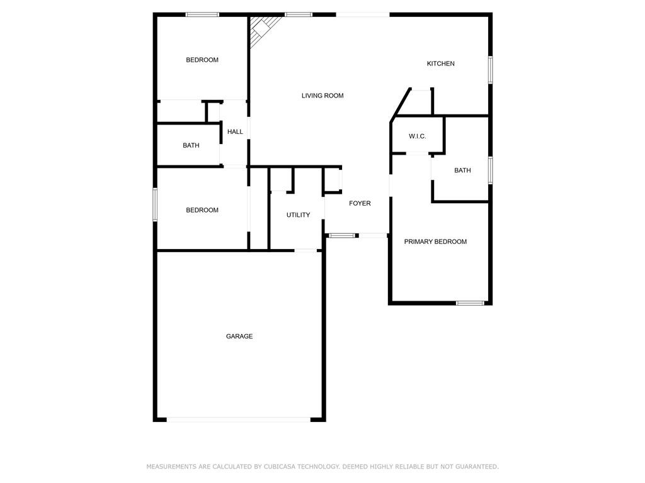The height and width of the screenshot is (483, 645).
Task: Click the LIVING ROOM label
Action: [322, 96]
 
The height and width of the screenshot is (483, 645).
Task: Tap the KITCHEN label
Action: [440, 64]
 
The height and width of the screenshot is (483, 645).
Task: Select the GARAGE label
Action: [239, 336]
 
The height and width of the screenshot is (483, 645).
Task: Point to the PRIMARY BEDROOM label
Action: [435, 241]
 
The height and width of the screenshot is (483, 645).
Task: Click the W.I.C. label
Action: [417, 136]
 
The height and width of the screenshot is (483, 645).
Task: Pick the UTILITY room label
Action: [298, 215]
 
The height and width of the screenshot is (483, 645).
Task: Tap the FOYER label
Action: [360, 203]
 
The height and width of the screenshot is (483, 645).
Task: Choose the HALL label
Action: [235, 131]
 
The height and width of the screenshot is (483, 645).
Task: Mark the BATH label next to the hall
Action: [191, 145]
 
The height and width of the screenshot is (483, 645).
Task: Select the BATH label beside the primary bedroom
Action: [462, 170]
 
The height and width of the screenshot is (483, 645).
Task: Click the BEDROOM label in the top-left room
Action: [202, 60]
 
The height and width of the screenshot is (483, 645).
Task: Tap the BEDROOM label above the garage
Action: [202, 210]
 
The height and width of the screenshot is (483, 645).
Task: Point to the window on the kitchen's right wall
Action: [490, 70]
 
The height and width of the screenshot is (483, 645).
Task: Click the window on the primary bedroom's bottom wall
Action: [470, 303]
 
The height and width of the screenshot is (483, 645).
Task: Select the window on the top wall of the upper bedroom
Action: [202, 14]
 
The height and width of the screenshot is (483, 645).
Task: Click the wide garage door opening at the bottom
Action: [239, 419]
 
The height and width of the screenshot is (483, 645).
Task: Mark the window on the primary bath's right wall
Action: [490, 170]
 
